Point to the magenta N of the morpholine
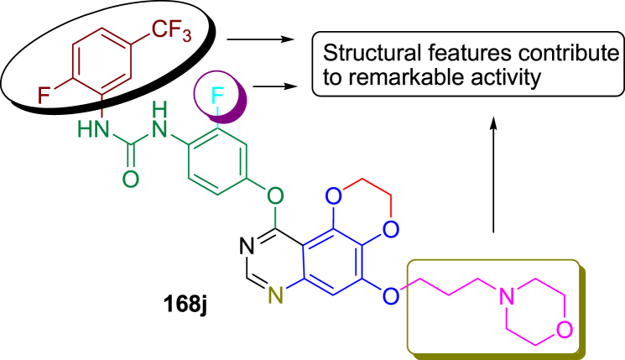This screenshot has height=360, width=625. (505, 295)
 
